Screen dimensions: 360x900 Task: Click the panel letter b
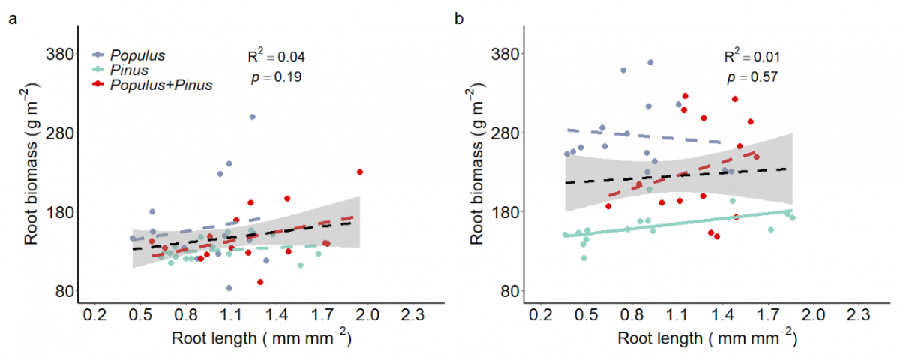tap(460, 19)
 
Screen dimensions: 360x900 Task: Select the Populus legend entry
tap(137, 55)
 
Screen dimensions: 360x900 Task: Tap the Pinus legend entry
tap(127, 70)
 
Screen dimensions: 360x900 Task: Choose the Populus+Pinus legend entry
tap(161, 85)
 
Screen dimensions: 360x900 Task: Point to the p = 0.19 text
tap(277, 76)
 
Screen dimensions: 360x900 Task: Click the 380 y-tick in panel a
tap(57, 54)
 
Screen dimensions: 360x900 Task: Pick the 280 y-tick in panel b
tap(504, 133)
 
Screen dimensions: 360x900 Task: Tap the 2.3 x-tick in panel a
tap(413, 315)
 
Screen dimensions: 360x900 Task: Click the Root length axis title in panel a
tap(260, 339)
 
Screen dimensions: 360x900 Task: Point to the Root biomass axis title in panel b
tap(478, 174)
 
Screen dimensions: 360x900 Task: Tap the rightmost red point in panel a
tap(361, 172)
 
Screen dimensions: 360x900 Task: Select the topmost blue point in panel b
tap(650, 62)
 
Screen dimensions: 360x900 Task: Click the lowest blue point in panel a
tap(229, 288)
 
